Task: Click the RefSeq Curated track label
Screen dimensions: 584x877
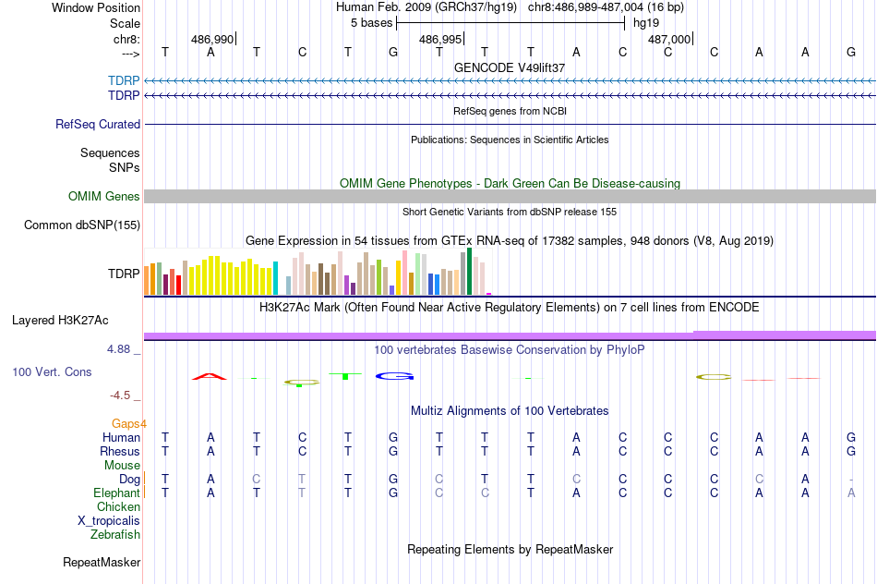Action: (98, 124)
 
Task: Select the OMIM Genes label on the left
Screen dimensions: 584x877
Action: (104, 196)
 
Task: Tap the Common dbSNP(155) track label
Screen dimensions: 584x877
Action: (82, 225)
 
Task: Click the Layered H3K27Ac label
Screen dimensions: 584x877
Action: (60, 321)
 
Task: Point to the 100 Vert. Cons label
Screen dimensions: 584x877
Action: (52, 371)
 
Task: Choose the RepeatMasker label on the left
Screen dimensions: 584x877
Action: (102, 562)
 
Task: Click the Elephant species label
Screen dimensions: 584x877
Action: (117, 493)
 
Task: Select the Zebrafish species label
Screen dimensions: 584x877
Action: (115, 534)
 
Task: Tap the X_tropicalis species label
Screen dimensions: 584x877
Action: (109, 520)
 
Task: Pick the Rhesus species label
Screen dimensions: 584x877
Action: (120, 451)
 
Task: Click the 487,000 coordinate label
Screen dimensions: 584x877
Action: (668, 40)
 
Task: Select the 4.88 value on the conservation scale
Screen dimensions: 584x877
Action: (120, 349)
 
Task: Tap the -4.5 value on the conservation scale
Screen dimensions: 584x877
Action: (121, 395)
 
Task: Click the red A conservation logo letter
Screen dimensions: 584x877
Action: (210, 376)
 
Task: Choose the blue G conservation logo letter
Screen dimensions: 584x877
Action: (394, 376)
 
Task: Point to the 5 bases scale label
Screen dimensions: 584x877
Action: (371, 23)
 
